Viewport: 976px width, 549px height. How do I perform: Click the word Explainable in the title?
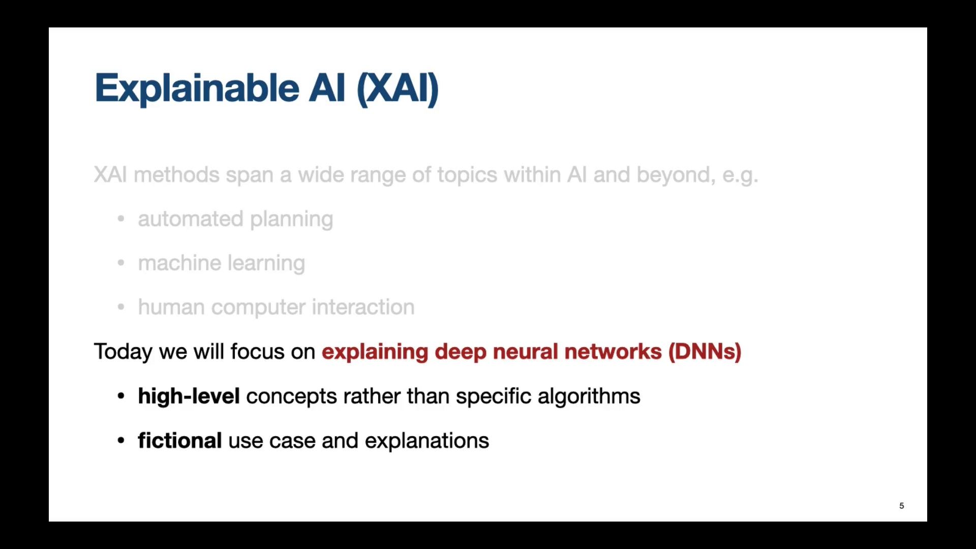pyautogui.click(x=197, y=88)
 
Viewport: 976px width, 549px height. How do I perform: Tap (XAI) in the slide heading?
pyautogui.click(x=398, y=88)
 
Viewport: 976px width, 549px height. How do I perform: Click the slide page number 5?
pyautogui.click(x=901, y=506)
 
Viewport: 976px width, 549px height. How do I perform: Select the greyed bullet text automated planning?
pyautogui.click(x=235, y=219)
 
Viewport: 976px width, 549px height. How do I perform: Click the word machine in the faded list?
pyautogui.click(x=179, y=263)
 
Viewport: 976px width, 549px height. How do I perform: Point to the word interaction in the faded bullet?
pyautogui.click(x=363, y=307)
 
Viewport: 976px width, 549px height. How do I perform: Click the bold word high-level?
pyautogui.click(x=189, y=396)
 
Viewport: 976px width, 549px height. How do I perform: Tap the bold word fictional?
pyautogui.click(x=179, y=440)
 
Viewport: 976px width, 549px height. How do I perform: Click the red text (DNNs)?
pyautogui.click(x=705, y=351)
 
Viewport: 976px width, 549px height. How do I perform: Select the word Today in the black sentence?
pyautogui.click(x=123, y=352)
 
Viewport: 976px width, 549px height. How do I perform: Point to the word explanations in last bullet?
pyautogui.click(x=426, y=441)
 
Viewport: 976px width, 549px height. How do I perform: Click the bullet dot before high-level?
pyautogui.click(x=121, y=396)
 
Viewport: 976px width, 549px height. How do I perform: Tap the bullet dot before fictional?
pyautogui.click(x=121, y=440)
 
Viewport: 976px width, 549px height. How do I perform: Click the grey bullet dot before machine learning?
pyautogui.click(x=121, y=263)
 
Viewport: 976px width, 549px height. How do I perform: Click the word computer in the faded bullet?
pyautogui.click(x=258, y=308)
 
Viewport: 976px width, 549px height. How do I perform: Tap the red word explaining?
pyautogui.click(x=375, y=352)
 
